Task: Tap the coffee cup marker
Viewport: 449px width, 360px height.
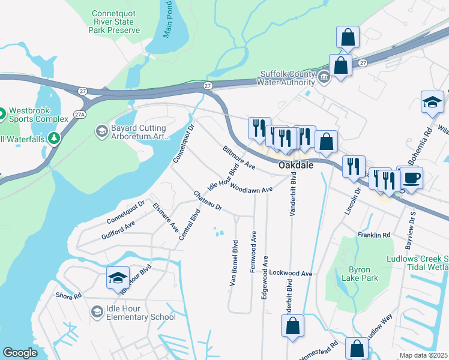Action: click(412, 178)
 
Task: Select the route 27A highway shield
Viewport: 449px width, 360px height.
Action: click(79, 112)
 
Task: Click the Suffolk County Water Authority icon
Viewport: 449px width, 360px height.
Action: click(324, 78)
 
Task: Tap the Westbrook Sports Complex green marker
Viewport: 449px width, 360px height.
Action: click(2, 113)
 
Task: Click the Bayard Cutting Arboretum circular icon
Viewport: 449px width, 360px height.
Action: click(100, 130)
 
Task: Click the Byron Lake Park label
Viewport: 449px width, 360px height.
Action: click(360, 274)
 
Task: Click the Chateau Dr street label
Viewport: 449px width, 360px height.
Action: click(208, 200)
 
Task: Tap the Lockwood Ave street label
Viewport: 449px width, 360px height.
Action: click(291, 273)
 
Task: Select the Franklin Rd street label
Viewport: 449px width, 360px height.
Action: click(373, 235)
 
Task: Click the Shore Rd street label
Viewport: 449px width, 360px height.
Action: click(68, 296)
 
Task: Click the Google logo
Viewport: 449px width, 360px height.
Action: click(20, 353)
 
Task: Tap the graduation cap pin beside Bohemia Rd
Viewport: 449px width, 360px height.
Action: click(432, 101)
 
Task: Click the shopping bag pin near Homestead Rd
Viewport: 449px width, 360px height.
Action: click(357, 349)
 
